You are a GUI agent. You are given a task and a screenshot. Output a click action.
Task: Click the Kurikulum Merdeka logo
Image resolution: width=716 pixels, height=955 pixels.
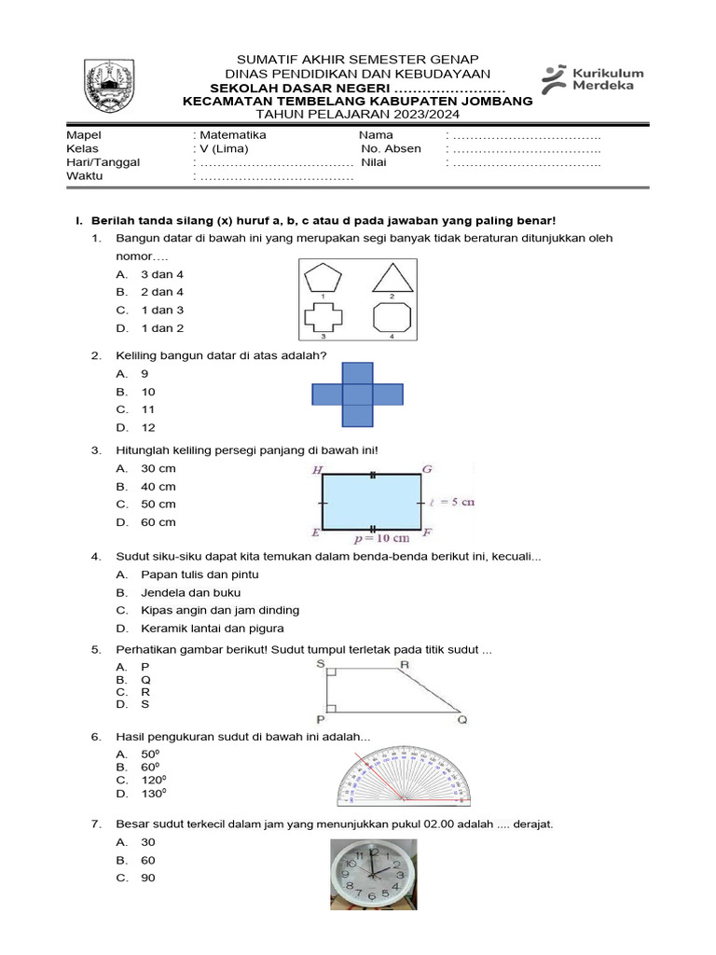[x=592, y=78]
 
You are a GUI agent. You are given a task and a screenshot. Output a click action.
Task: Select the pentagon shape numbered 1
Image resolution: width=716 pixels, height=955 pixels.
[x=323, y=277]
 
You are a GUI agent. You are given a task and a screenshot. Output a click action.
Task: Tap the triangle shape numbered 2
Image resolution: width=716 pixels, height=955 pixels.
[x=392, y=277]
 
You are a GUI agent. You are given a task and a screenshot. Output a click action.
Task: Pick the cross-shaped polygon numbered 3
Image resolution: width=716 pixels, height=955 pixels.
[x=322, y=316]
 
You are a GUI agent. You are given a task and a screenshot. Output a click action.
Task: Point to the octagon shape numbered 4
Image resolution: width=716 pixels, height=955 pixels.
[x=392, y=316]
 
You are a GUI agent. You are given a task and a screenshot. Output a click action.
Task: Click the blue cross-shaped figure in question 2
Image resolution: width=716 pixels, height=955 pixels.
[x=357, y=395]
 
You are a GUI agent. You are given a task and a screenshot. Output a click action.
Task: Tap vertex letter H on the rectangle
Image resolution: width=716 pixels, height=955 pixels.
[x=318, y=470]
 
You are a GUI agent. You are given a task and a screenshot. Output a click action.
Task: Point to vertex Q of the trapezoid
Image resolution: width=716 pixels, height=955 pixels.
[x=462, y=720]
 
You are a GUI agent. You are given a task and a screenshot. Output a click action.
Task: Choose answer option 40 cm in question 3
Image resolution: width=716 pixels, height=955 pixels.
[x=158, y=486]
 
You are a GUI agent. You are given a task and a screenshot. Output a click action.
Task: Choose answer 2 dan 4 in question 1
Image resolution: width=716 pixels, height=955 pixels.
[x=162, y=292]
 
